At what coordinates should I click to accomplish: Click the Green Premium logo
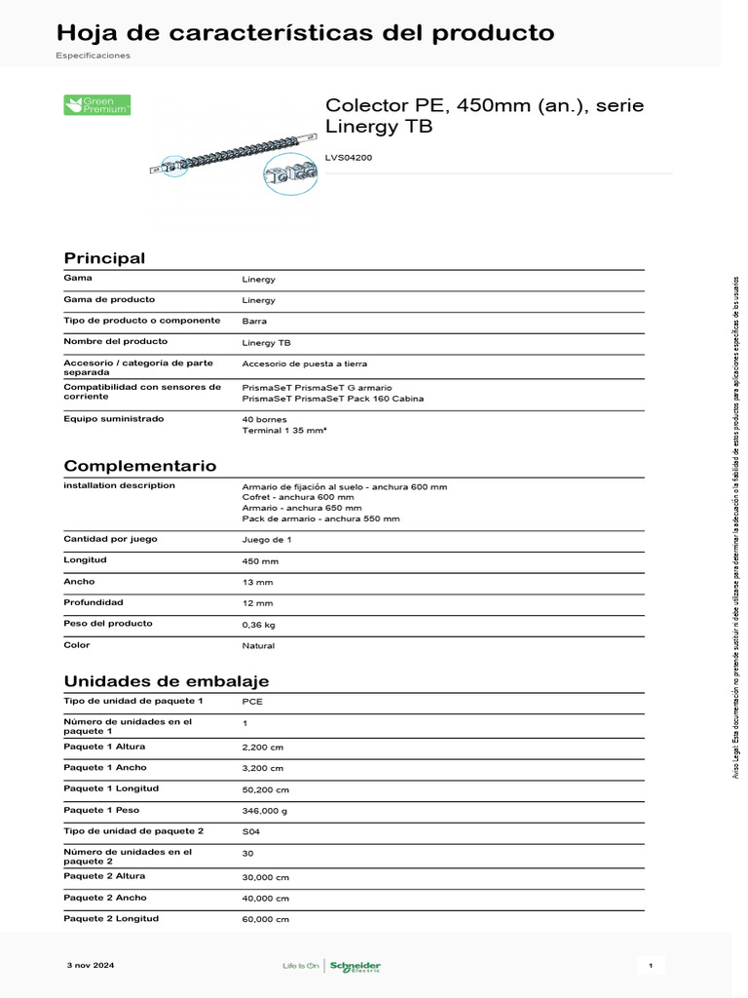coord(97,105)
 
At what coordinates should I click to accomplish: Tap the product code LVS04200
coord(348,158)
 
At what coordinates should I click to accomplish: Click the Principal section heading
coord(104,258)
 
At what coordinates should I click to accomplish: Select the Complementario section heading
coord(140,466)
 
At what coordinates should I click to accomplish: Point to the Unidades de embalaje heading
coord(167,681)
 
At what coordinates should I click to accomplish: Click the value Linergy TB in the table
coord(266,343)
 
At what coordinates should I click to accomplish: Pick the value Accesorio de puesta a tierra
coord(305,364)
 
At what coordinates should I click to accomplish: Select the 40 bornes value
coord(265,419)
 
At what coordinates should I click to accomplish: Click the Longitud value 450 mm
coord(260,561)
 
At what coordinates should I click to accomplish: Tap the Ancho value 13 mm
coord(258,583)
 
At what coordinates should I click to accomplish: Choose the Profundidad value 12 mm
coord(258,603)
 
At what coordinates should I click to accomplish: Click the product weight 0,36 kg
coord(259,625)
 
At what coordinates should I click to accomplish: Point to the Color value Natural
coord(258,645)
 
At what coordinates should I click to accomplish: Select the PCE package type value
coord(252,702)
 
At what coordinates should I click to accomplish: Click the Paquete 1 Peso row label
coord(101,810)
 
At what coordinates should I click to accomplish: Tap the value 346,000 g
coord(264,811)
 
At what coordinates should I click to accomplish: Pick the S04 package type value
coord(251,831)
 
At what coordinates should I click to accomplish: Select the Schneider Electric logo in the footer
coord(355,966)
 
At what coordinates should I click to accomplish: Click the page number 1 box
coord(650,966)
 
